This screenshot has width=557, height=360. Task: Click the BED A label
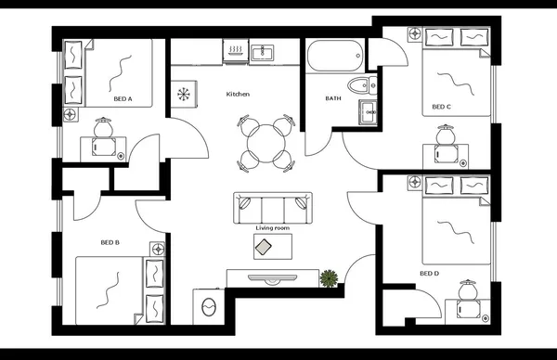click(123, 97)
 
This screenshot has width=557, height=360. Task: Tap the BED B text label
click(110, 243)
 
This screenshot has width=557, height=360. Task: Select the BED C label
click(442, 107)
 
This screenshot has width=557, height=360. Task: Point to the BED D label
click(428, 274)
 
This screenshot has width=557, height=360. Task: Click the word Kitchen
click(239, 95)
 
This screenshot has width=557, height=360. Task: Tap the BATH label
click(332, 98)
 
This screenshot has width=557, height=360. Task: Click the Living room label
click(272, 227)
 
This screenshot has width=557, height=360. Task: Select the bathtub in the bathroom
click(334, 57)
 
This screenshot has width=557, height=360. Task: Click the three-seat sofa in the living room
click(273, 207)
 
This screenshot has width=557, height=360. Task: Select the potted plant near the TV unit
click(329, 277)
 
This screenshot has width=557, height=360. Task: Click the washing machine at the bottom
click(208, 304)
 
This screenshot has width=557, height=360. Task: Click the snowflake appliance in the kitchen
click(183, 94)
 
